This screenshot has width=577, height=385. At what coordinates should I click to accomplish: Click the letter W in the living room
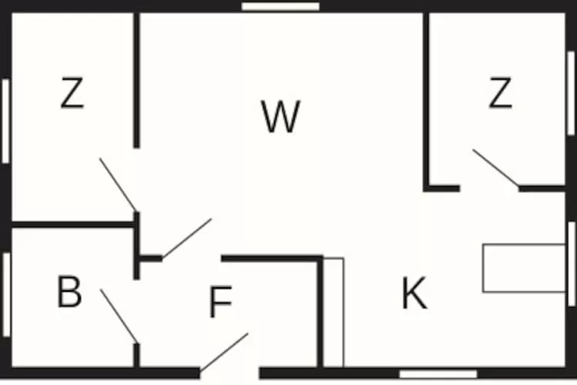[280, 117]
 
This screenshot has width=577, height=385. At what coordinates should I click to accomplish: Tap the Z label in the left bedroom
[72, 94]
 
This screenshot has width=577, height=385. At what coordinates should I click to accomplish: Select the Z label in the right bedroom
[500, 94]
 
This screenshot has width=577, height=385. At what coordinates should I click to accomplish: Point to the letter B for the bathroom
[69, 293]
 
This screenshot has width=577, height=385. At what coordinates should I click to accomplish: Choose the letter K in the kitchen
[414, 293]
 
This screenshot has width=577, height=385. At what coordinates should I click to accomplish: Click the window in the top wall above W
[280, 6]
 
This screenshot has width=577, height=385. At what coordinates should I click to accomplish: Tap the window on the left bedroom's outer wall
[5, 121]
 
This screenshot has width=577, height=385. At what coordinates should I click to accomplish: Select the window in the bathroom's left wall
[5, 294]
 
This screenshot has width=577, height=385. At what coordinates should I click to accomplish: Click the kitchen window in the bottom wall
[438, 374]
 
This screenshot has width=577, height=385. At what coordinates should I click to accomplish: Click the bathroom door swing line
[119, 316]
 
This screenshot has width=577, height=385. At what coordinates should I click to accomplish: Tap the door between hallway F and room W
[187, 238]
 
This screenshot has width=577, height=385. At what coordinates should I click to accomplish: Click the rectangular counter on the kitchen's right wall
[523, 268]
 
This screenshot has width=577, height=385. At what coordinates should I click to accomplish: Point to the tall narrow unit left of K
[333, 312]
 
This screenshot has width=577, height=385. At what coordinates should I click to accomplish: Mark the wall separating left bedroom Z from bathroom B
[73, 225]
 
